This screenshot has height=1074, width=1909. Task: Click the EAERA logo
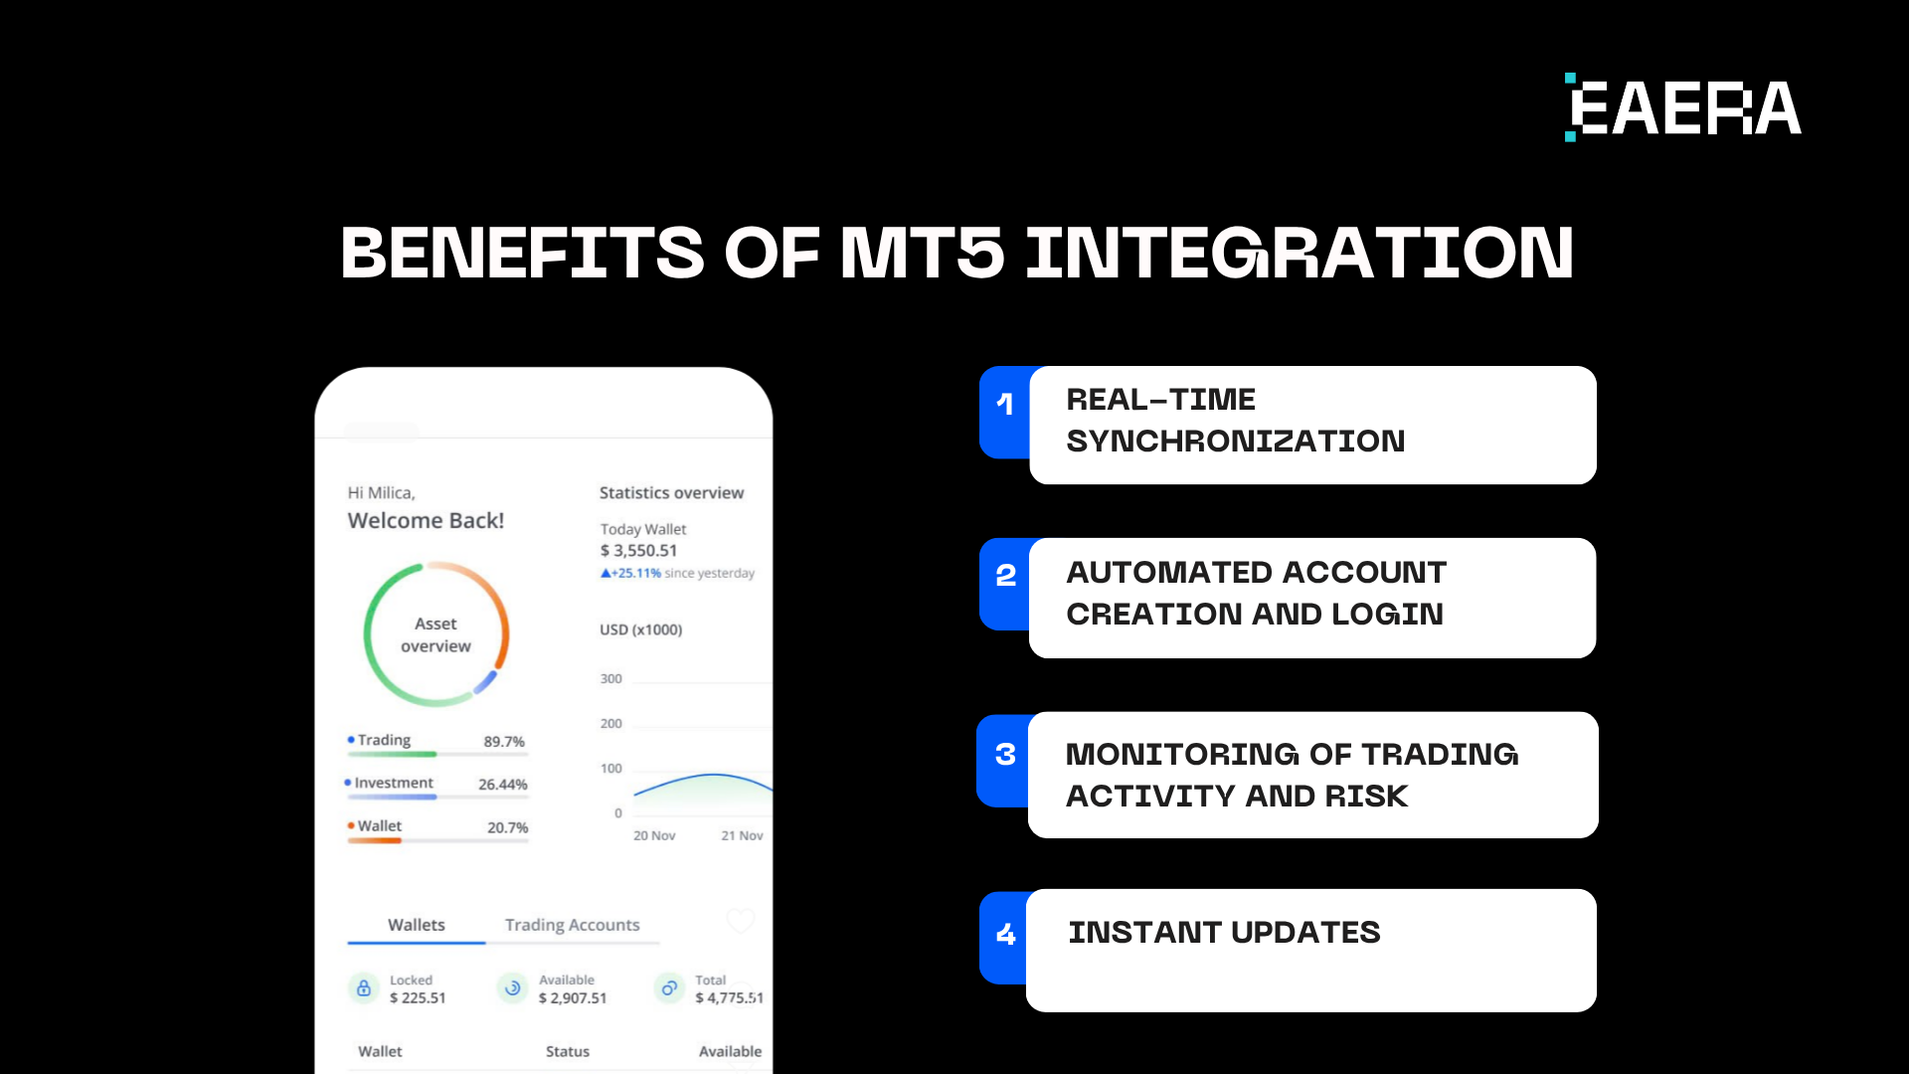(1682, 107)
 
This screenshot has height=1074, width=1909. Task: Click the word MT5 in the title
(922, 253)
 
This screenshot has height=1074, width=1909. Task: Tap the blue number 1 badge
(1004, 404)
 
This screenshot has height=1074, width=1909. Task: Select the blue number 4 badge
(1005, 934)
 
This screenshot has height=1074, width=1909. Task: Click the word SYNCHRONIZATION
(1235, 442)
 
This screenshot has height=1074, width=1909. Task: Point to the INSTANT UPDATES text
(1223, 933)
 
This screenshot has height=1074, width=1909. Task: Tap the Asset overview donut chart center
(435, 634)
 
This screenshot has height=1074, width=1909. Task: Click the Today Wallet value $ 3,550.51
(638, 551)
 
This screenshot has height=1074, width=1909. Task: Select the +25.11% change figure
(635, 574)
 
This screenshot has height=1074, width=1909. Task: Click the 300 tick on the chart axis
(610, 679)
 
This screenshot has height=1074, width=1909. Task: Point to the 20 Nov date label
(654, 836)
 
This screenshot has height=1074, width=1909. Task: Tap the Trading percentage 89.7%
(503, 742)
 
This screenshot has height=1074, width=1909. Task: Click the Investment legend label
(394, 784)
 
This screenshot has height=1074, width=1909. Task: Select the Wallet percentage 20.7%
(507, 827)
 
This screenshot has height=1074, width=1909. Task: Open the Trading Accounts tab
(572, 925)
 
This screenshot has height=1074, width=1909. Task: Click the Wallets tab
(416, 925)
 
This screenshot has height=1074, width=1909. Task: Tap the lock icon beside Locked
(364, 988)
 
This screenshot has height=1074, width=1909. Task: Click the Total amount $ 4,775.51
(729, 998)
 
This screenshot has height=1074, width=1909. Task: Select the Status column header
(567, 1052)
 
